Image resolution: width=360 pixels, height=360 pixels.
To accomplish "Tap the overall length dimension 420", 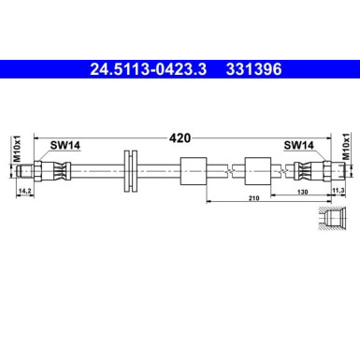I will click(x=180, y=138).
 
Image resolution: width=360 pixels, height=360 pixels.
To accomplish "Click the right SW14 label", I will click(x=297, y=145).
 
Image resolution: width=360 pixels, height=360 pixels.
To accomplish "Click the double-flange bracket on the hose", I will click(x=130, y=171).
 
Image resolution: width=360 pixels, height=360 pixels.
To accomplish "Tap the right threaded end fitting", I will click(x=323, y=171).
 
